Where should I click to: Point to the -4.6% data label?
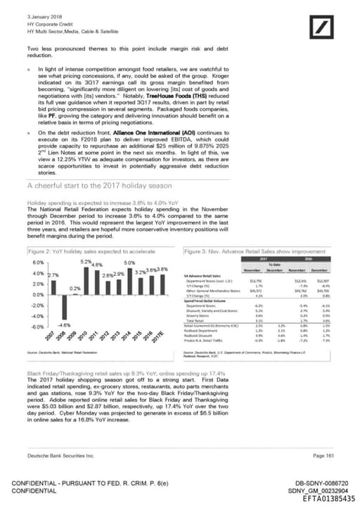coord(65,325)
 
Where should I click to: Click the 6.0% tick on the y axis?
coord(19,263)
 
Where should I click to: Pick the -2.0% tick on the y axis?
coord(19,305)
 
